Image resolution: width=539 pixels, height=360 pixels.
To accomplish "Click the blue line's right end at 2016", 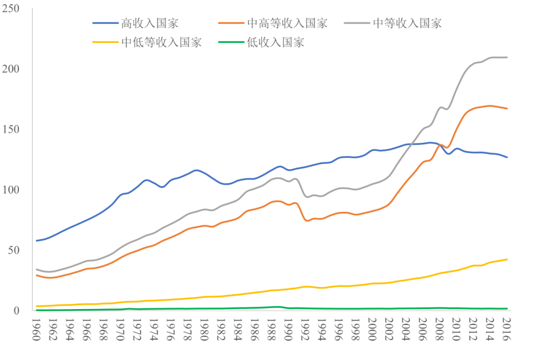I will [507, 157].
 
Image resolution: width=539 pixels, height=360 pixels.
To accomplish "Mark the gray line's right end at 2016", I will [507, 57].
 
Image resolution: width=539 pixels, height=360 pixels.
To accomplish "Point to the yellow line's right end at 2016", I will [507, 259].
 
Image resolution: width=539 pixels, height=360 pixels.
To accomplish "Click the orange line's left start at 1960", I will [36, 275].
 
